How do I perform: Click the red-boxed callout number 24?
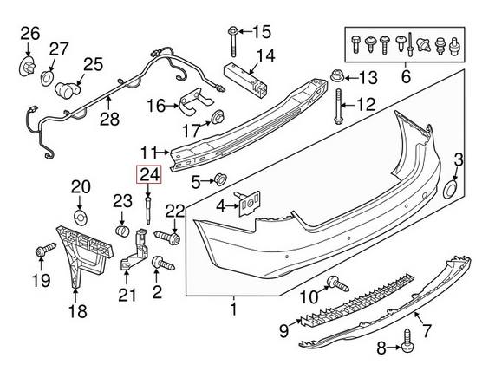click(x=150, y=174)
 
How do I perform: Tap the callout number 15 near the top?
click(x=261, y=33)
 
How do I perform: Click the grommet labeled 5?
click(x=219, y=180)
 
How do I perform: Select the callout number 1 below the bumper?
click(x=232, y=307)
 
